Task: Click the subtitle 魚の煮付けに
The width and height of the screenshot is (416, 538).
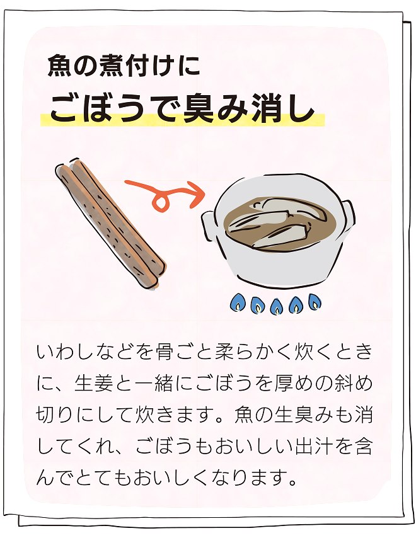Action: (124, 66)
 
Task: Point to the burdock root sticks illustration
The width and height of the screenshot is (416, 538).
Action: (110, 224)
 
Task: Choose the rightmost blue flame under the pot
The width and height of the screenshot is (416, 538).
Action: (315, 302)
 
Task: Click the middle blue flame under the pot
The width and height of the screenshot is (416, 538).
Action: (276, 306)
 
